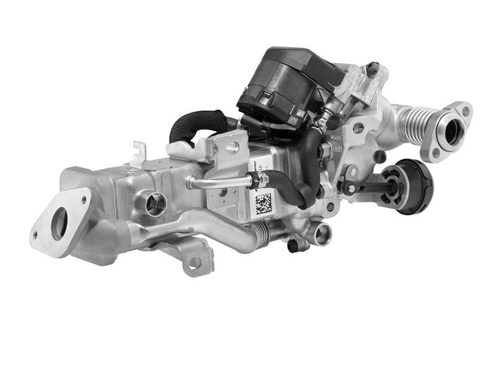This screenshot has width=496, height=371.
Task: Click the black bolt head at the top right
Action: [372, 69]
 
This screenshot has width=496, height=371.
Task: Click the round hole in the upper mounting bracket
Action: [232, 147]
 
